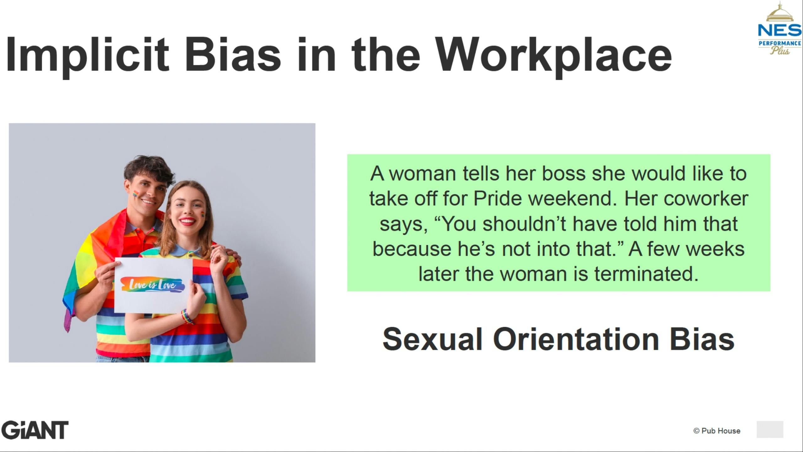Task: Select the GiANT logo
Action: (x=35, y=430)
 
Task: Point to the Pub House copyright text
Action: (x=717, y=431)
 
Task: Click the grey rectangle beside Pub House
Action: (x=770, y=429)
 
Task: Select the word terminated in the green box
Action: (x=646, y=274)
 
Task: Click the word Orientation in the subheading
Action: (x=576, y=339)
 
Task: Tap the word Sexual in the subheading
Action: (x=432, y=339)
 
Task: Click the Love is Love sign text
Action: (x=153, y=284)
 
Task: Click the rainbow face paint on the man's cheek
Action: (x=136, y=193)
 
